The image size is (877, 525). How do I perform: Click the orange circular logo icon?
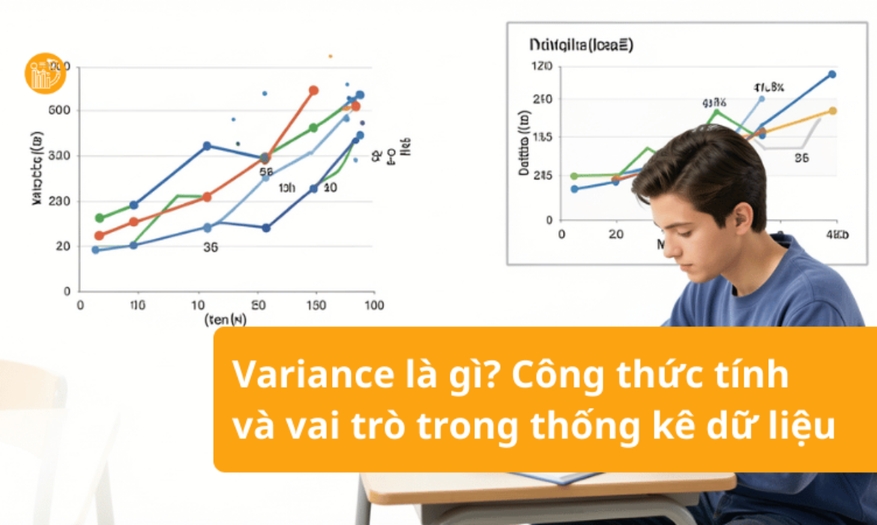point(45,73)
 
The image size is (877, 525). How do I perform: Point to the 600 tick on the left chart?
point(58,111)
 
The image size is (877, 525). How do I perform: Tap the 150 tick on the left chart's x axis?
point(316,305)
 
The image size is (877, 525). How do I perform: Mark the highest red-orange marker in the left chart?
point(313,91)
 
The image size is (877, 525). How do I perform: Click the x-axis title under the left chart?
point(226,320)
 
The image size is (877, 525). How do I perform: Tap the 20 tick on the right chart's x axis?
point(615,234)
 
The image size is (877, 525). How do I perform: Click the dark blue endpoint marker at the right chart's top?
point(832,74)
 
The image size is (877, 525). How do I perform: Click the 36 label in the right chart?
point(801,158)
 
